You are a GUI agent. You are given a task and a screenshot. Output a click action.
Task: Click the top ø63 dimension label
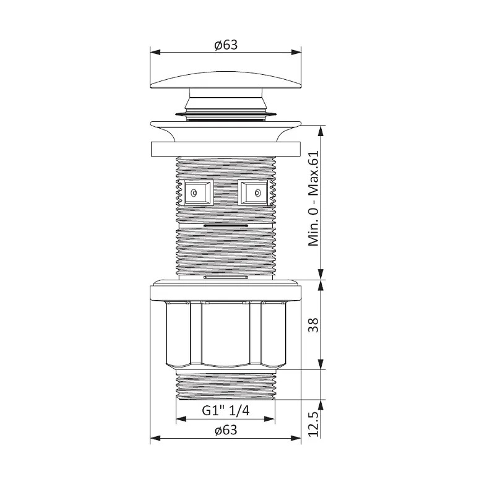point(226,45)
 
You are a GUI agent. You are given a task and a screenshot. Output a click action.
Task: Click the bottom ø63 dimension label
point(226,430)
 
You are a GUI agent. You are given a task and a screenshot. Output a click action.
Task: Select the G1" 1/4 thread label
point(226,410)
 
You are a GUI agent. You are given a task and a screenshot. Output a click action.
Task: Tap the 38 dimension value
point(313,325)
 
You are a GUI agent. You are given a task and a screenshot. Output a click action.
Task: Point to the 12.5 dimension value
point(313,423)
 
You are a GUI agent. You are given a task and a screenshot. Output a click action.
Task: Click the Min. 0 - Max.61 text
point(314,198)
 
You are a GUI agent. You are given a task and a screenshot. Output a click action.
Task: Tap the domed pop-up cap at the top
point(226,80)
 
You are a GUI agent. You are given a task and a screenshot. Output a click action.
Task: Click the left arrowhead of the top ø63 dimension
point(155,52)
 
